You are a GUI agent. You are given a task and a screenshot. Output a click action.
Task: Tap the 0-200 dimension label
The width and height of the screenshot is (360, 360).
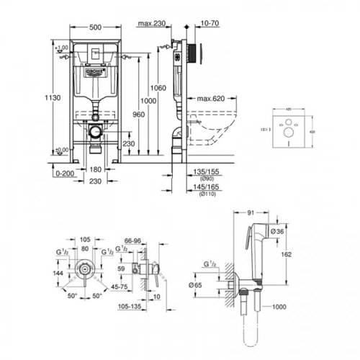66,174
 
